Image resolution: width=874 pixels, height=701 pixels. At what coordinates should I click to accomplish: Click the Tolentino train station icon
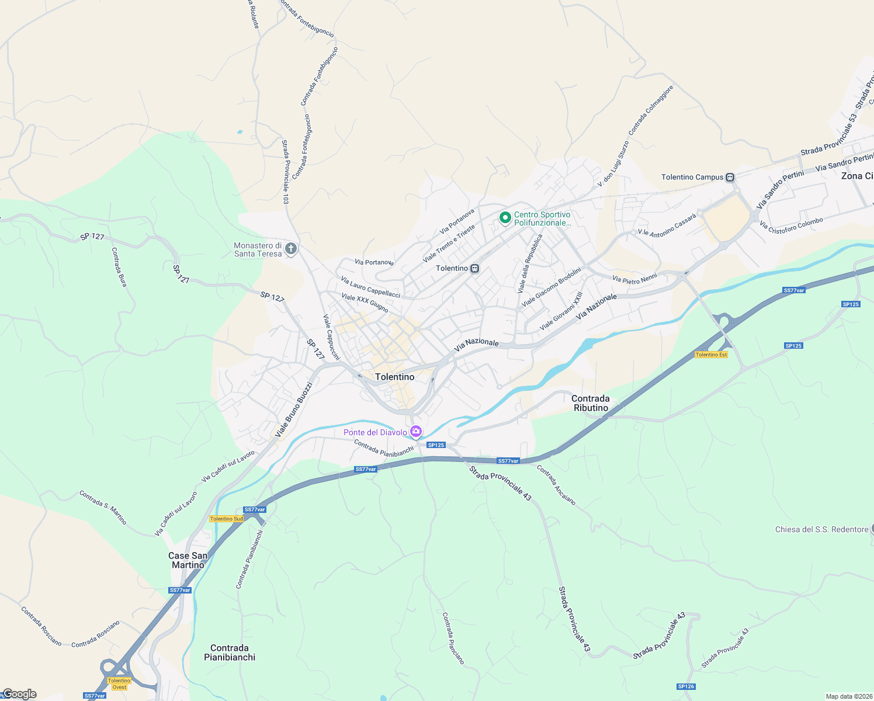(475, 269)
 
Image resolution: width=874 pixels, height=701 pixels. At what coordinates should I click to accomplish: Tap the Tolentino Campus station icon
(730, 177)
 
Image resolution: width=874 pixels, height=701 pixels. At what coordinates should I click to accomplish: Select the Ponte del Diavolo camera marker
(416, 432)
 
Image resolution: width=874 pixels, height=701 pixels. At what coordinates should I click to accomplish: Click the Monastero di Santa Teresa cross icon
(290, 249)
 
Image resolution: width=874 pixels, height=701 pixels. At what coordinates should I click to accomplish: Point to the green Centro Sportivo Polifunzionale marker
(505, 218)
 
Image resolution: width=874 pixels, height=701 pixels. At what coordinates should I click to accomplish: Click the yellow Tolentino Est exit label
(711, 355)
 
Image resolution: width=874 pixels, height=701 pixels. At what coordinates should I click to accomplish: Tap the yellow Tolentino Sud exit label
(226, 519)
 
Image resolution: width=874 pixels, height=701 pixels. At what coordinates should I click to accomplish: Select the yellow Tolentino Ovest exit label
(119, 683)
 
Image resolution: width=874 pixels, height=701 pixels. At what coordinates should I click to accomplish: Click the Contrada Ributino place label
(591, 403)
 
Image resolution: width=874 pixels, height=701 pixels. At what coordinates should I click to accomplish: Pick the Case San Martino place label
(188, 560)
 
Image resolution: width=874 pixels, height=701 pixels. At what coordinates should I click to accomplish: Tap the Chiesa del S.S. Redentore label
(821, 529)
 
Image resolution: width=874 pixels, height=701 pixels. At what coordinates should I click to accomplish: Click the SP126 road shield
(686, 686)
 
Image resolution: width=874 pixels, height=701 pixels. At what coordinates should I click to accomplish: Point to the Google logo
(19, 694)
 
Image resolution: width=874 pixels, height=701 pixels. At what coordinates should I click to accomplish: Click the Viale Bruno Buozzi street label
(294, 410)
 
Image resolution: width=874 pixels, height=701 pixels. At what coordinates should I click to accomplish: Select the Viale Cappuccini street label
(331, 337)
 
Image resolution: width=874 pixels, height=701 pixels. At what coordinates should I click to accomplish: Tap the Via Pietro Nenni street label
(634, 279)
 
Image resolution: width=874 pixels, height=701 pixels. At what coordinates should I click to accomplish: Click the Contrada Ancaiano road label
(556, 485)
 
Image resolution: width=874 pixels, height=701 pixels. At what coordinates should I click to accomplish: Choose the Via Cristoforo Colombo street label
(791, 226)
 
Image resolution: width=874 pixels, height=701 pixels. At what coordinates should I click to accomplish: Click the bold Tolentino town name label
(395, 377)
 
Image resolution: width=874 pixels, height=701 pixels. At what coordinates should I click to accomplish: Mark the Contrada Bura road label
(119, 267)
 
